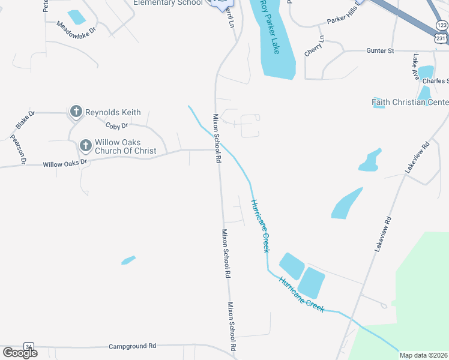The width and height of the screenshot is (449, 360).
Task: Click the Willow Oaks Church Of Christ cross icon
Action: (x=85, y=146)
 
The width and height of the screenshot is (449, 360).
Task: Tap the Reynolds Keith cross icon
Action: (x=76, y=112)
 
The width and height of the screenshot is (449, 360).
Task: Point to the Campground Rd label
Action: (x=132, y=346)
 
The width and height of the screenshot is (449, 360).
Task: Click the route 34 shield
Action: (x=28, y=346)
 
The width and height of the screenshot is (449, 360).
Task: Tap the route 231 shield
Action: (x=441, y=37)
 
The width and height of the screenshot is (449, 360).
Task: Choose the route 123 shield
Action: (x=442, y=25)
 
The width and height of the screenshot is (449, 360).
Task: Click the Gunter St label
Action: (x=380, y=51)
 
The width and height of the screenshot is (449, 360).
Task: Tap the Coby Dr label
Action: (x=117, y=126)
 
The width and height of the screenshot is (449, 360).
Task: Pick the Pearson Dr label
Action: (x=18, y=149)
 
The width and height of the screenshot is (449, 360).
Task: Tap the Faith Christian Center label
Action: (x=410, y=102)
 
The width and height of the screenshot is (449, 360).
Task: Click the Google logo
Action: (x=20, y=352)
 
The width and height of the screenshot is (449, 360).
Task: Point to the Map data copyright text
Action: (x=424, y=355)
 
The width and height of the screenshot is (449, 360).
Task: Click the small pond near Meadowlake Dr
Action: (x=76, y=16)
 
